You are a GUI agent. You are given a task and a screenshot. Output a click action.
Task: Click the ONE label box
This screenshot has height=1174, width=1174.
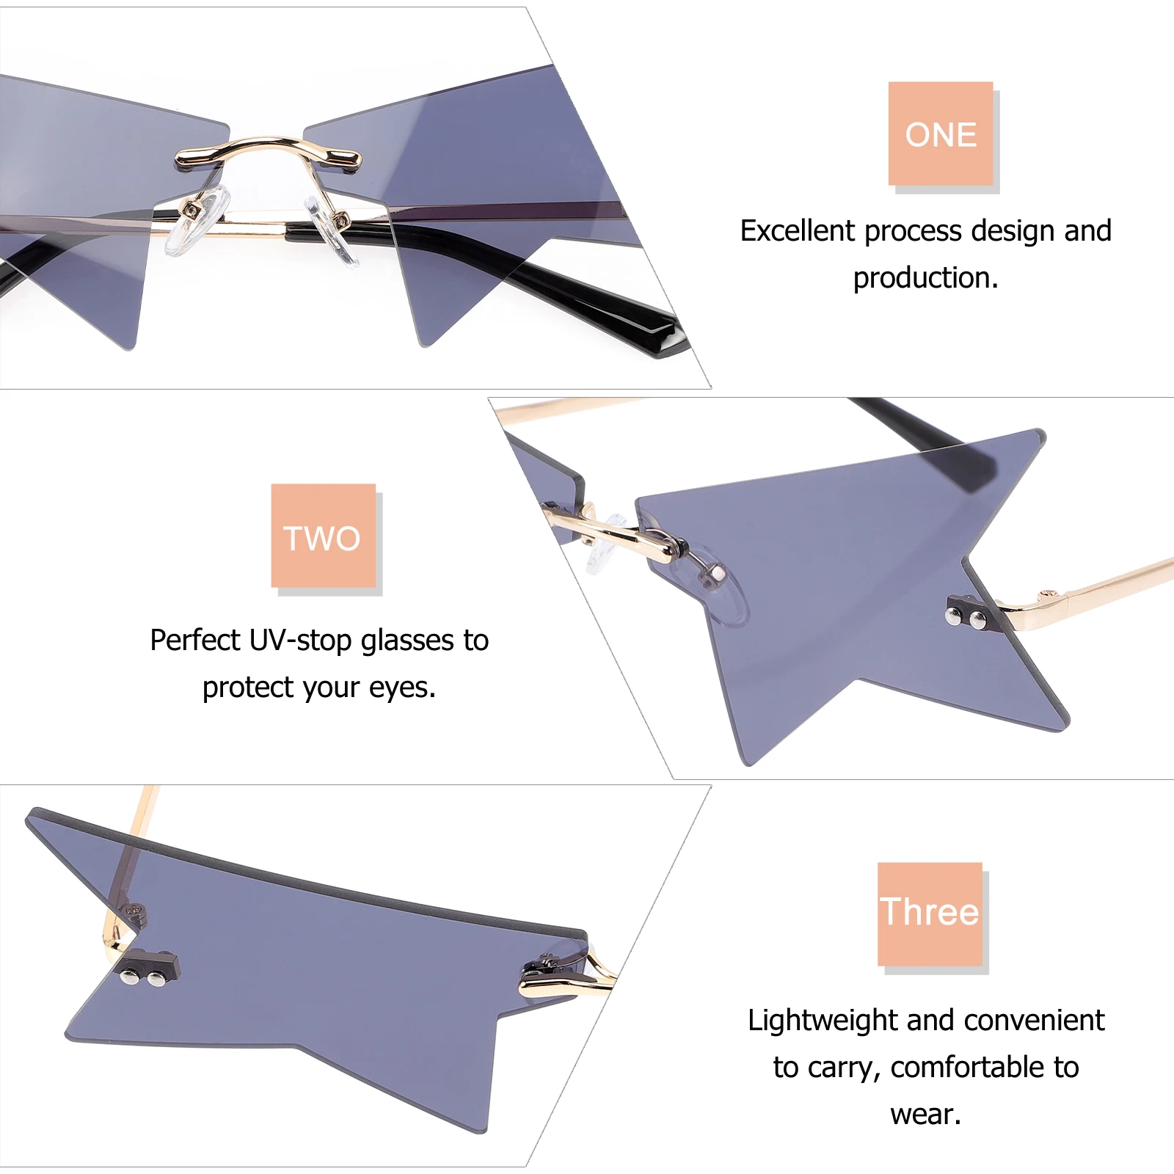click(x=941, y=134)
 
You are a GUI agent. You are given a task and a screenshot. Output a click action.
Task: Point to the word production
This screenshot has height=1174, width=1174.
click(x=925, y=278)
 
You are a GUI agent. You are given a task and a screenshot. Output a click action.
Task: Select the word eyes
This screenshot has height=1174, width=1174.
click(x=402, y=688)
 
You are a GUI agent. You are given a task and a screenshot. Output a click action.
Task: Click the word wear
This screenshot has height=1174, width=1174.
click(x=925, y=1115)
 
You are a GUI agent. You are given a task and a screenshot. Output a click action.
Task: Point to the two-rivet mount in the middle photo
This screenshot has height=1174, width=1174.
click(x=966, y=616)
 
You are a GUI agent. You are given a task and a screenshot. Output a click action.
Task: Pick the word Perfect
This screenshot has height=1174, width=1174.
click(x=194, y=641)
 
